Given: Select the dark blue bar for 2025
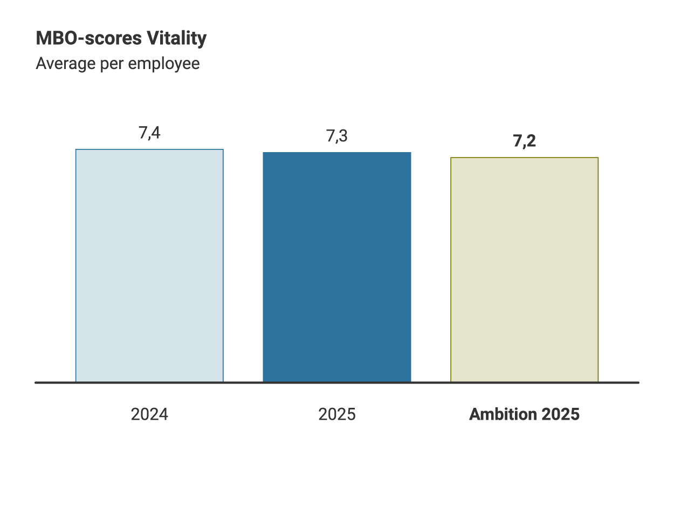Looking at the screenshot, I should (x=337, y=267).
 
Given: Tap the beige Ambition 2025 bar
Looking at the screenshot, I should (x=524, y=270).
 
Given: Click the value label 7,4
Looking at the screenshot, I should (x=149, y=133).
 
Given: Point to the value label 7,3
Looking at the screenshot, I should (x=337, y=136).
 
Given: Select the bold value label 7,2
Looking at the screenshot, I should (x=524, y=141).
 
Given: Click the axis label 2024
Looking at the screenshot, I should (x=149, y=414).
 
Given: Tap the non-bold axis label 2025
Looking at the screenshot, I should (x=337, y=414).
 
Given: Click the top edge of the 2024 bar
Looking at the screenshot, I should (x=149, y=149).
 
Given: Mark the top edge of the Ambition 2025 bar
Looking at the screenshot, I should (x=524, y=158).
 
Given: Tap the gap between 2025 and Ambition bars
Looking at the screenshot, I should (x=431, y=270).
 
